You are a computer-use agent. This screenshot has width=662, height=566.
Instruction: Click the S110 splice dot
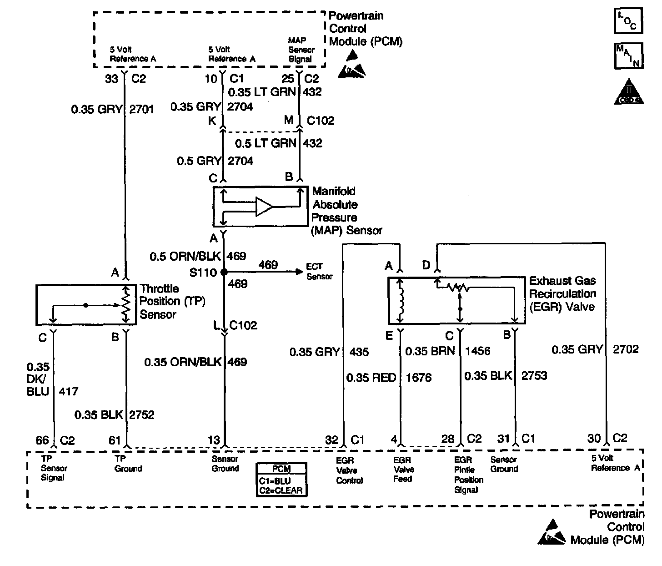coord(224,272)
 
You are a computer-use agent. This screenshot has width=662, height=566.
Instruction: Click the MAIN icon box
coord(628,56)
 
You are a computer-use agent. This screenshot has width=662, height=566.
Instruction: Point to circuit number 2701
coord(142,110)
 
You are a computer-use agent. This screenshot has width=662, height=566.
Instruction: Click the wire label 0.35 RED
coord(371,378)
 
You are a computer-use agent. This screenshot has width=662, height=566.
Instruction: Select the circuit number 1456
coord(478,351)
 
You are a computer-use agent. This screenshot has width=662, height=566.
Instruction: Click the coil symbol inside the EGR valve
coord(401,301)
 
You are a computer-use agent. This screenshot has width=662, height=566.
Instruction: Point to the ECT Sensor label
coord(320,272)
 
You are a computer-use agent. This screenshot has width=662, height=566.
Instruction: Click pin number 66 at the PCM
coord(42,440)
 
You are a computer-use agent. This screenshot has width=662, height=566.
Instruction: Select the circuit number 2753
coord(534,376)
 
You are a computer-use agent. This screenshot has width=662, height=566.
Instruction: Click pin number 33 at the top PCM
coord(112,79)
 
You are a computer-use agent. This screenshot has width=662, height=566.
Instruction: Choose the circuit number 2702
coord(626,349)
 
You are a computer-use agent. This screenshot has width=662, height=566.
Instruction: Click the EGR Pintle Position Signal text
coord(468,475)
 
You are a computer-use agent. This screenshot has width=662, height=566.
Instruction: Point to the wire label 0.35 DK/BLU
coord(38,379)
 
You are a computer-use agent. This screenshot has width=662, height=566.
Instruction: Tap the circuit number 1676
coord(418,378)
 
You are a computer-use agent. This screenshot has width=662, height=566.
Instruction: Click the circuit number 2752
coord(142,414)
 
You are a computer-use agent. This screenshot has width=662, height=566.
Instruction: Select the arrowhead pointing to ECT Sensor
coord(299,272)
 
